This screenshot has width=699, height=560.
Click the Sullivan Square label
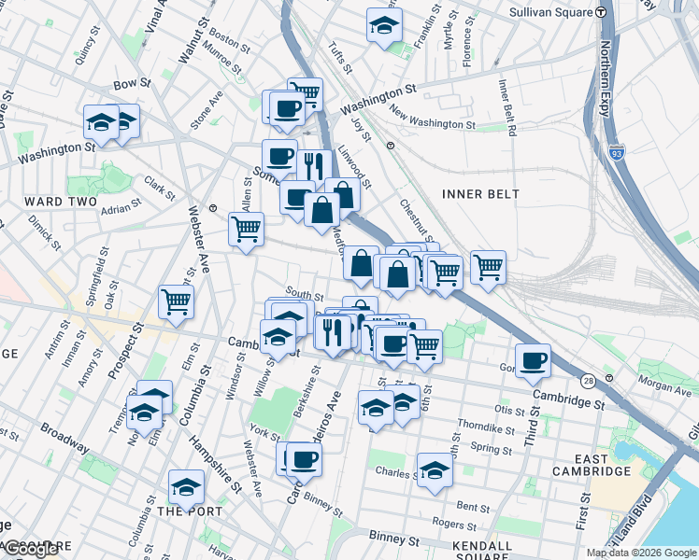point(551,13)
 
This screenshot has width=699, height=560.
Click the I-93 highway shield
point(616,153)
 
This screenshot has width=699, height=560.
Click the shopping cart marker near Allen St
point(247,229)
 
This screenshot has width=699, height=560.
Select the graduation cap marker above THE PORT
point(187,486)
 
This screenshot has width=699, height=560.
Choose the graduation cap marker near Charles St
point(435,471)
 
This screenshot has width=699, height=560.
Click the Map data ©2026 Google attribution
point(641,553)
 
